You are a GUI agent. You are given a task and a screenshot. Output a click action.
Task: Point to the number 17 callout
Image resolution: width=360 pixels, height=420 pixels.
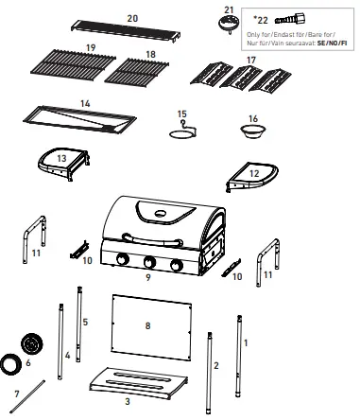click(x=250, y=60)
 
